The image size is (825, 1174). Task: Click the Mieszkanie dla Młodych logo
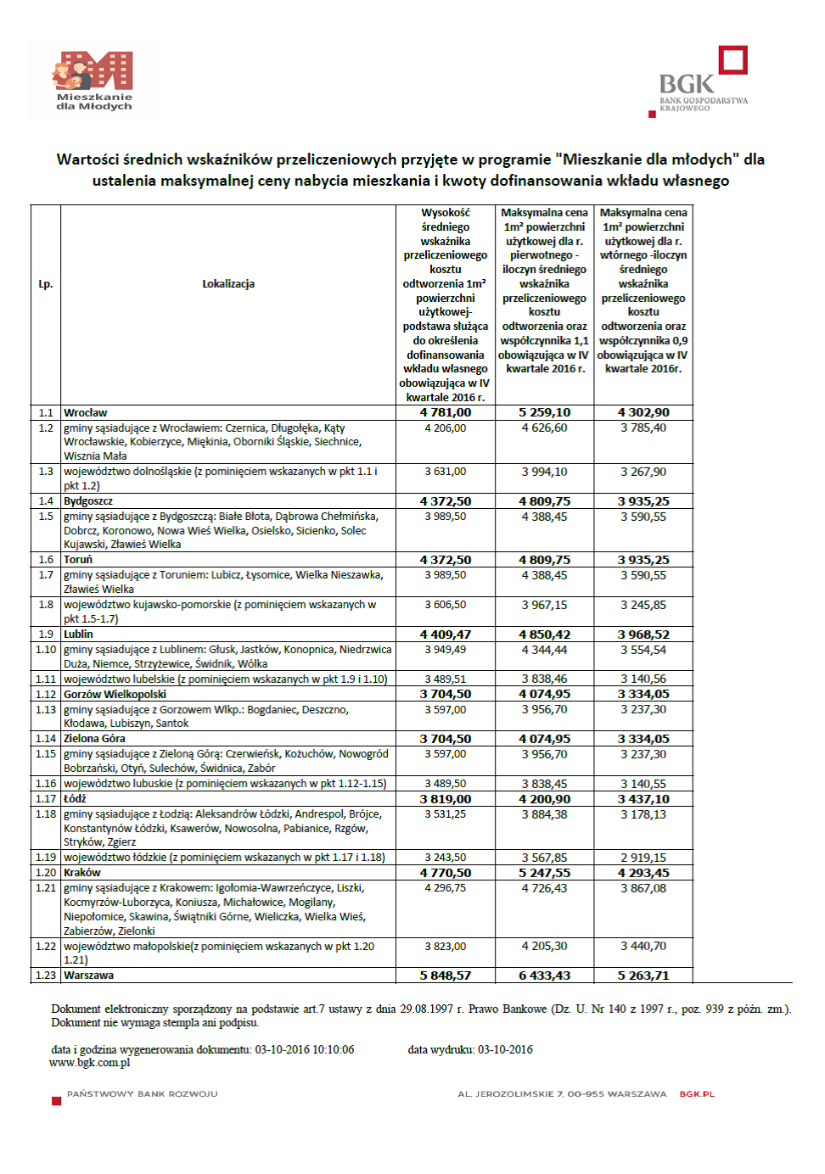coord(94,81)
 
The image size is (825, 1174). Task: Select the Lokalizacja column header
coord(228,284)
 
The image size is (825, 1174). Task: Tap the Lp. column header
coord(46,284)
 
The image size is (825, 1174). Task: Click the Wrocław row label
coord(86,413)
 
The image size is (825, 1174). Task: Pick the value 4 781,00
coord(446,413)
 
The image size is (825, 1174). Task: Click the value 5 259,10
coord(545,413)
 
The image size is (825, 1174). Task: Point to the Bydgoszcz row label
coord(88,501)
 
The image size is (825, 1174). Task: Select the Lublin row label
coord(79,635)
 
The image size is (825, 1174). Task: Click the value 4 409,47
coord(446,635)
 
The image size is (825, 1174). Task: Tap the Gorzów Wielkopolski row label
coord(115,695)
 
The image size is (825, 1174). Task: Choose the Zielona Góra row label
coord(95,739)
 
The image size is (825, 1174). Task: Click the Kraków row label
coord(82,873)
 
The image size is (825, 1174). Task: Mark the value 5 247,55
coord(545,873)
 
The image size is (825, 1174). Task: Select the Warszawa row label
coord(89,976)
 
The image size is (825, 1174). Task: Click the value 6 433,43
coord(545,976)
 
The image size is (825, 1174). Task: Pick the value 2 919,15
coord(643,858)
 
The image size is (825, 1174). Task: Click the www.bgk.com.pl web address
coord(90,1063)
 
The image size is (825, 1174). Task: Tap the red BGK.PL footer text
coord(697,1094)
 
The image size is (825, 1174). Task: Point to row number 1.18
coord(46,814)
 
